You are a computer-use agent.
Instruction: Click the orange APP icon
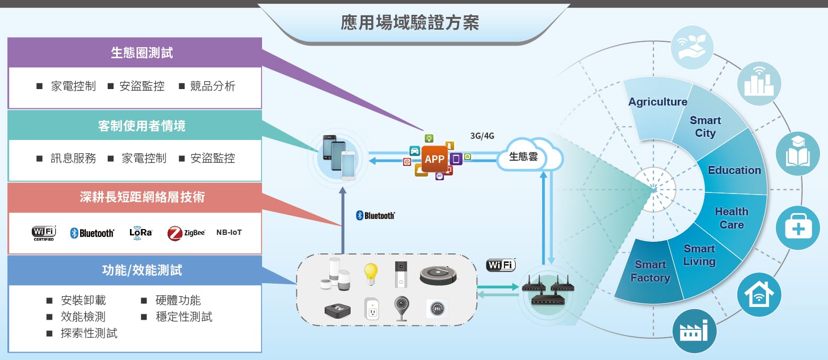pyautogui.click(x=434, y=159)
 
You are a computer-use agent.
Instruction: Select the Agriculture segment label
pyautogui.click(x=657, y=102)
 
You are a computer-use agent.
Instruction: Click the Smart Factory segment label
pyautogui.click(x=650, y=271)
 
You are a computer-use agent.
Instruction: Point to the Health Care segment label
pyautogui.click(x=731, y=218)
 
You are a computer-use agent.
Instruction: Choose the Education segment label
pyautogui.click(x=734, y=170)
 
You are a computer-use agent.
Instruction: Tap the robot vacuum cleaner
pyautogui.click(x=438, y=274)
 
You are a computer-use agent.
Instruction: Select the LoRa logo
pyautogui.click(x=141, y=233)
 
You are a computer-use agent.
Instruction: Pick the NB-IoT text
pyautogui.click(x=229, y=232)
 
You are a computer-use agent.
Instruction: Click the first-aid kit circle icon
pyautogui.click(x=797, y=228)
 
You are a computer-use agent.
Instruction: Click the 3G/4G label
pyautogui.click(x=482, y=136)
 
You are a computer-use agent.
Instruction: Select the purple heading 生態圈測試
pyautogui.click(x=142, y=52)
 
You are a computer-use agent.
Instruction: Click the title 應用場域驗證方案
pyautogui.click(x=409, y=23)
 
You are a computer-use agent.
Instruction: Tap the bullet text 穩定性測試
pyautogui.click(x=184, y=317)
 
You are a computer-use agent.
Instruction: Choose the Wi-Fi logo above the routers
pyautogui.click(x=501, y=265)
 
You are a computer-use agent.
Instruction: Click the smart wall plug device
pyautogui.click(x=371, y=309)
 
